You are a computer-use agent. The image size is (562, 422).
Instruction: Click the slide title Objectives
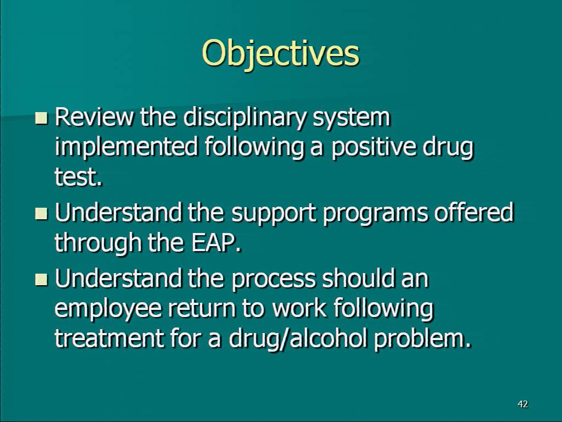[x=280, y=54]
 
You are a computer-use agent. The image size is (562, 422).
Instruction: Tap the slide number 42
[x=522, y=404]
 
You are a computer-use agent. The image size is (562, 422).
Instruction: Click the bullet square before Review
[x=41, y=118]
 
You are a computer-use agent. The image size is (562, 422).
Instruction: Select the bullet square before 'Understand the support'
[x=41, y=213]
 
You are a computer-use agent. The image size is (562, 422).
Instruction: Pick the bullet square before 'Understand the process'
[x=41, y=279]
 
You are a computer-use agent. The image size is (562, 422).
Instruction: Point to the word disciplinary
[x=245, y=119]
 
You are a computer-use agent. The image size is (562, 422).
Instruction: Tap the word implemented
[x=126, y=148]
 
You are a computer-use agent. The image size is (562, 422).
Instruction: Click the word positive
[x=374, y=148]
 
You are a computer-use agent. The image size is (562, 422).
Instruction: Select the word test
[x=78, y=177]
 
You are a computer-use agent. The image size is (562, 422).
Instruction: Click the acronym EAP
[x=216, y=242]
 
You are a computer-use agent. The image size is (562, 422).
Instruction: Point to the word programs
[x=375, y=214]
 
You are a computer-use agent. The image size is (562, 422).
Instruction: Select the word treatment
[x=109, y=338]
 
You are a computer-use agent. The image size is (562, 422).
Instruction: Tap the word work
[x=300, y=308]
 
